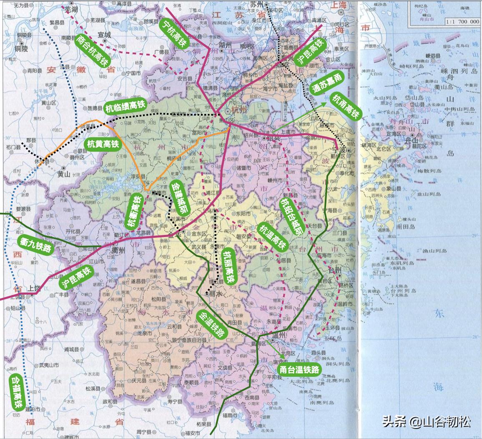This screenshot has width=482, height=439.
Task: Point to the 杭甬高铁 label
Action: click(345, 106)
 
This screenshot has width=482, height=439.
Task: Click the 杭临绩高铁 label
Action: click(125, 107)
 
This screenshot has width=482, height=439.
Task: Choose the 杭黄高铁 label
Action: click(103, 144)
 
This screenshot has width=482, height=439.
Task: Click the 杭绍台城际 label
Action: click(290, 217)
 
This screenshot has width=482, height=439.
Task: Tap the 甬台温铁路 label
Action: click(300, 369)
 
